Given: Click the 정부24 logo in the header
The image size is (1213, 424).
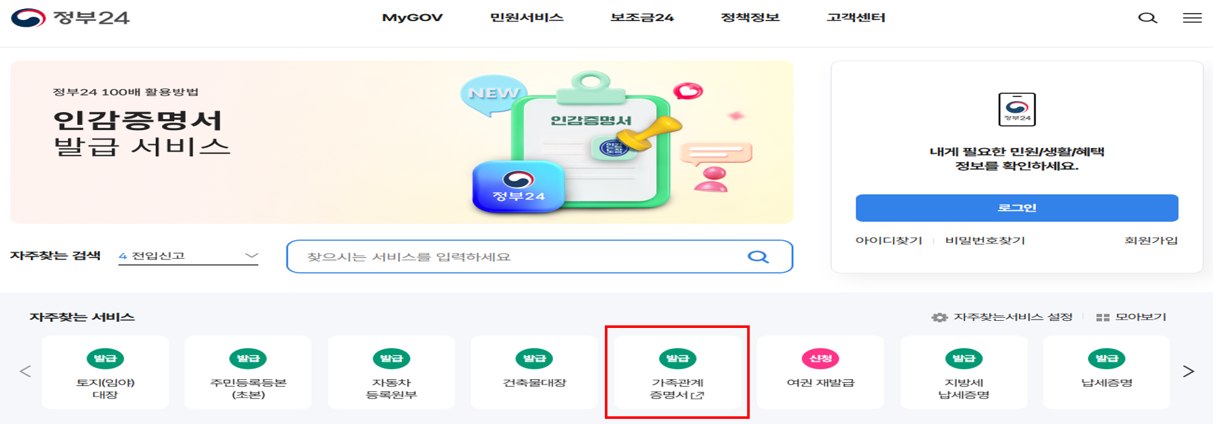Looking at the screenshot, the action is coord(70,17).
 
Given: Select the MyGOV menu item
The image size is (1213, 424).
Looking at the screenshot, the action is coord(412,17).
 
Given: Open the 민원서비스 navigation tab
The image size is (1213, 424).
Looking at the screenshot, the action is coord(526,17).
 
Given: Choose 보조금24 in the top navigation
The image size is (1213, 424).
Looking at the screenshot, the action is coord(641,17).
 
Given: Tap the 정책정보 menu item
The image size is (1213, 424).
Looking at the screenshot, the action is coord(750,17).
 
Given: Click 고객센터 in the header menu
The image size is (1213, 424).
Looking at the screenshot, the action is coord(855,17).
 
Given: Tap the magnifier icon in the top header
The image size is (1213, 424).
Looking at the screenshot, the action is coord(1147,18).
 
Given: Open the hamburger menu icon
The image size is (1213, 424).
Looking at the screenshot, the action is coord(1192,18).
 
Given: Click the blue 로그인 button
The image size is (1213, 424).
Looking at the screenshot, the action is coord(1016,208).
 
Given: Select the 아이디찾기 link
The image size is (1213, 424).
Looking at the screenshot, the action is coord(888,240).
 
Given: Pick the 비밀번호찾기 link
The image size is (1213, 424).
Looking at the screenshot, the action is coord(985,240).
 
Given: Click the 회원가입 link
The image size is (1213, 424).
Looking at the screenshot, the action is coord(1151,240).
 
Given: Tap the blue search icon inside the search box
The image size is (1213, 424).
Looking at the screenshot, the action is coord(758,257).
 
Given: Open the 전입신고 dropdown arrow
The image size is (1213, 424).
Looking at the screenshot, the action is coord(251,256).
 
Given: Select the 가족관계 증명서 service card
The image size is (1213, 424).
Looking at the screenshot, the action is coord(677,373).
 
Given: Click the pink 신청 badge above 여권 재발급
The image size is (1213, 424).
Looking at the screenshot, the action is coord(820,359).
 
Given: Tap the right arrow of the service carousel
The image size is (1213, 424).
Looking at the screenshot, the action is coord(1188,371).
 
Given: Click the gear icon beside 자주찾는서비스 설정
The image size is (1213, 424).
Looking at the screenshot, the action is coord(939,317).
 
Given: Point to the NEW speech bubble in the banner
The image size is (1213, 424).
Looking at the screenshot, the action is coord(493,94).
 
